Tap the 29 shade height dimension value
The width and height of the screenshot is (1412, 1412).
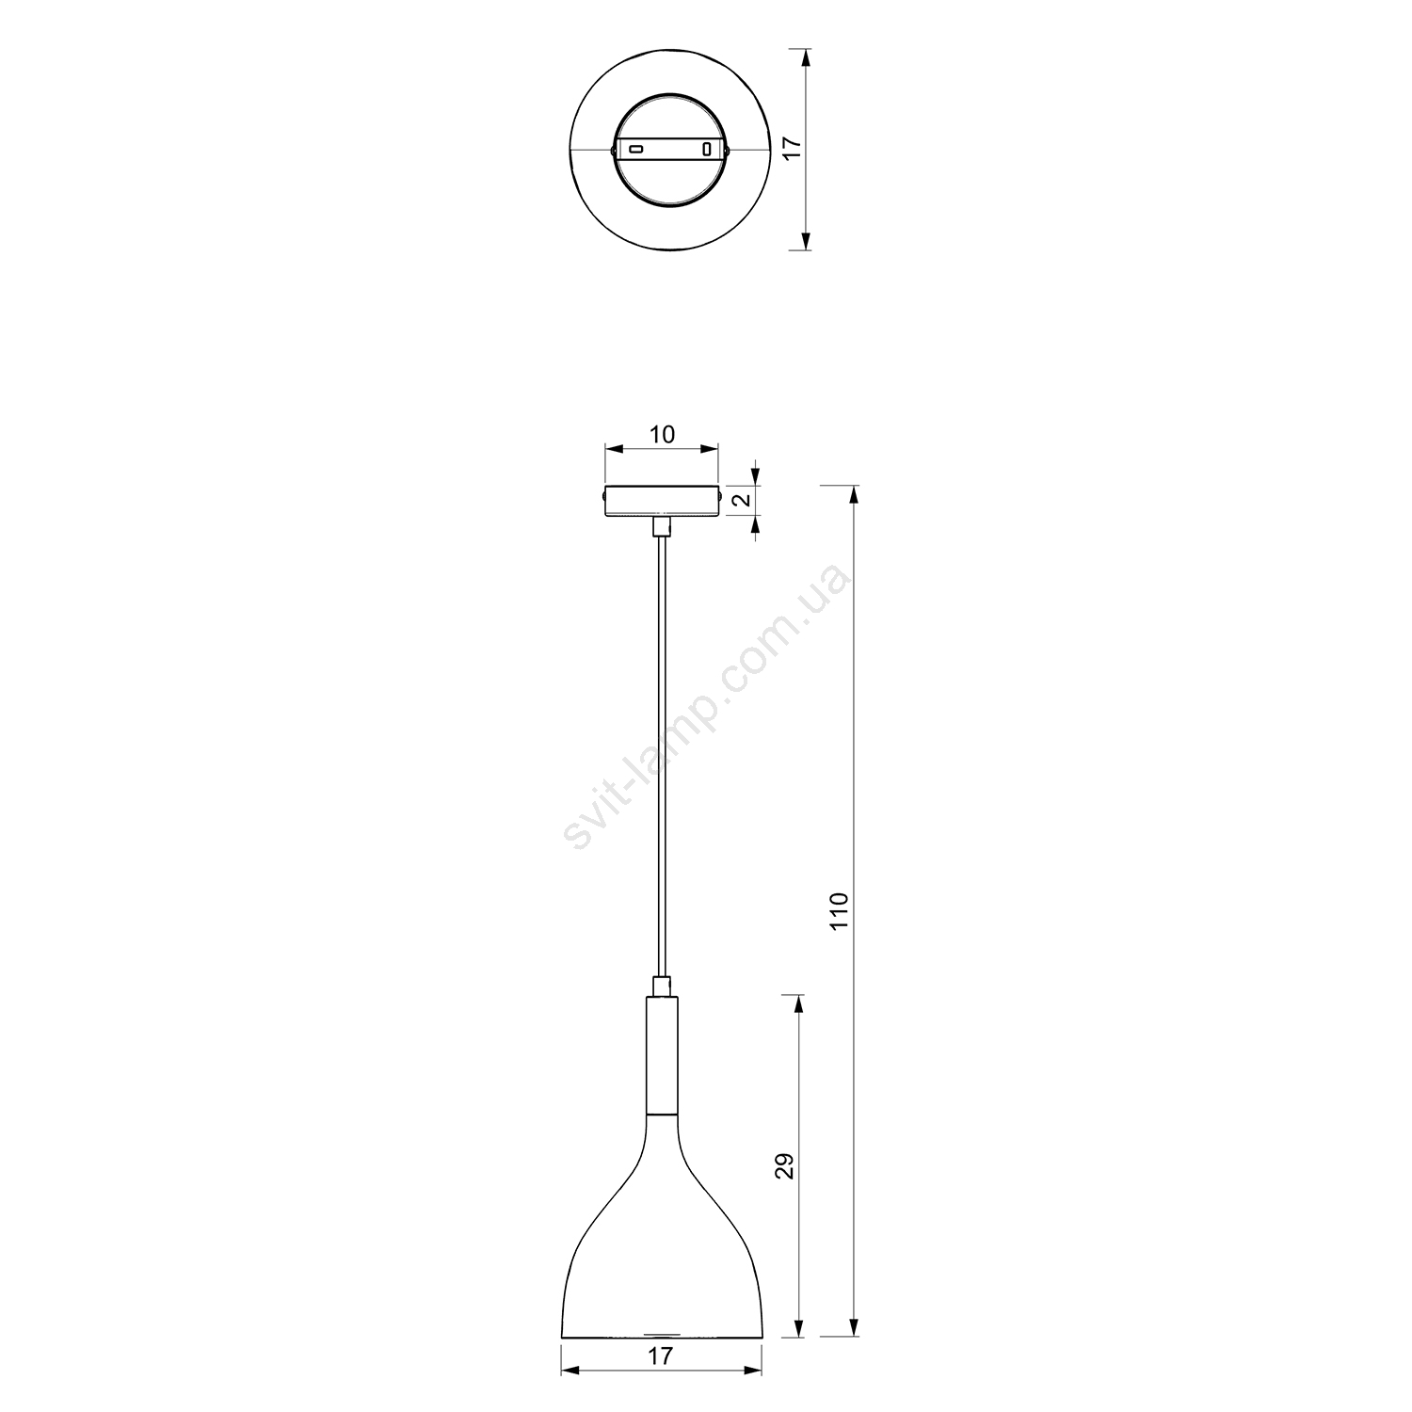click(788, 1165)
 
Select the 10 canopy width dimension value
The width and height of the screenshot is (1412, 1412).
click(662, 435)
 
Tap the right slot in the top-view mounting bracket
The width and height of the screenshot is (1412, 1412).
click(707, 149)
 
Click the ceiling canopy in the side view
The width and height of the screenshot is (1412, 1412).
click(663, 500)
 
